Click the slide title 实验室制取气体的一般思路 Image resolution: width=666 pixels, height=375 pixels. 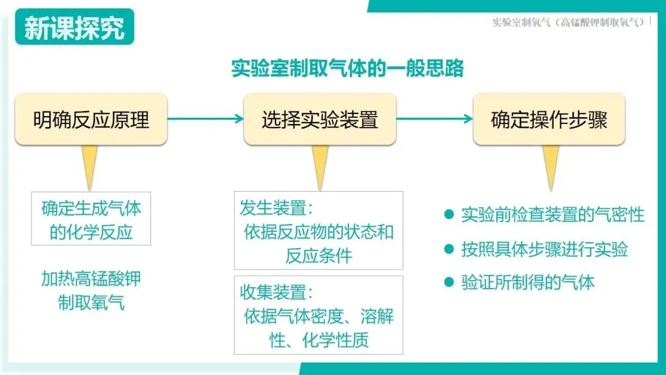click(x=347, y=68)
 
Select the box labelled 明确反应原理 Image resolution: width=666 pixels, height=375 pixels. click(x=91, y=119)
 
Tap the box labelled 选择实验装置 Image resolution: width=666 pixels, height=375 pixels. click(x=319, y=119)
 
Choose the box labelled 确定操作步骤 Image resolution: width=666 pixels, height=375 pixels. click(x=549, y=119)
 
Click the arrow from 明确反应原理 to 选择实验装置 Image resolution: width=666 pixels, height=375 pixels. click(x=205, y=119)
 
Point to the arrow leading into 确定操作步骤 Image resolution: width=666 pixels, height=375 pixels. click(x=434, y=119)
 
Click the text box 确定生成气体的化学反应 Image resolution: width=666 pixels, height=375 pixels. click(x=91, y=220)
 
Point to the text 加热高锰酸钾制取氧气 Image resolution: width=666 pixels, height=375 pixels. click(x=91, y=291)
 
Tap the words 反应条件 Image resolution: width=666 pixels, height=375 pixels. click(x=318, y=256)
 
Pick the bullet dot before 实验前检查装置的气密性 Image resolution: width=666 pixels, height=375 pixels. click(x=449, y=215)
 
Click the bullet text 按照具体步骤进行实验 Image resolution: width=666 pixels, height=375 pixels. click(x=545, y=249)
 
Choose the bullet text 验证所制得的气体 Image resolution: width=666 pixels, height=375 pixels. click(x=528, y=283)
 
